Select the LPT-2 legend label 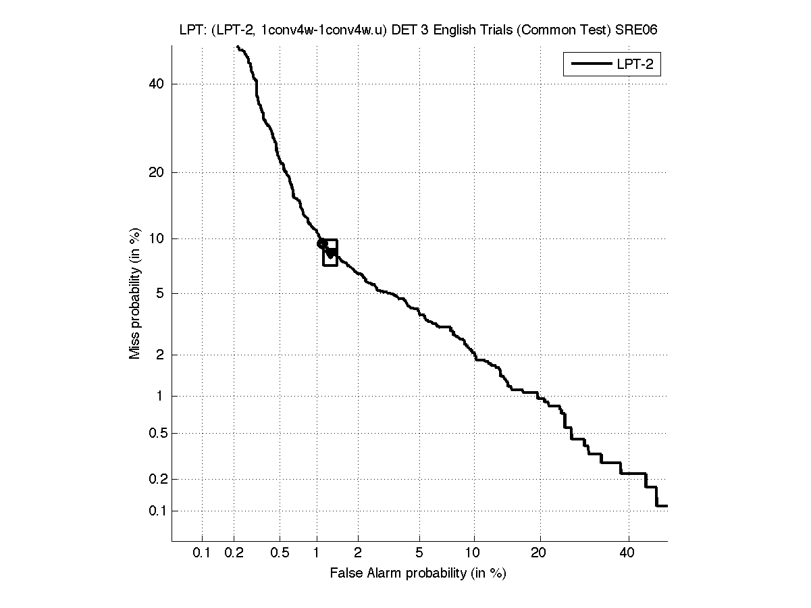[x=637, y=65]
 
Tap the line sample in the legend [x=590, y=65]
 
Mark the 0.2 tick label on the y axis [x=155, y=479]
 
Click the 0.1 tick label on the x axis [x=202, y=553]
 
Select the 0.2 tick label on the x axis [x=234, y=553]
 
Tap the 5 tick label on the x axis [x=419, y=553]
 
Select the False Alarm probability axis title [x=418, y=574]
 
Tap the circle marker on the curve [x=322, y=243]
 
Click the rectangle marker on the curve [x=330, y=253]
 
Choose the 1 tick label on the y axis [x=160, y=397]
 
